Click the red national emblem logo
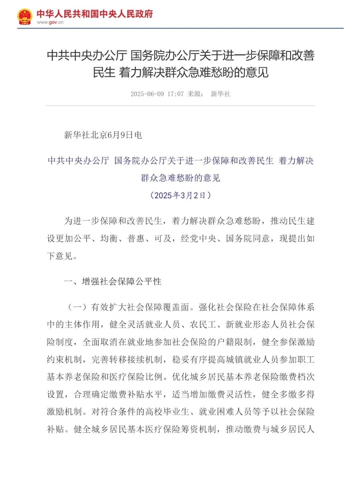[x=25, y=17]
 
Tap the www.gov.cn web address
[x=50, y=22]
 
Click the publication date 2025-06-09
[x=147, y=94]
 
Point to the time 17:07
[x=175, y=94]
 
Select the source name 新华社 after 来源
[x=220, y=94]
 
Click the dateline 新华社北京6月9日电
[x=103, y=135]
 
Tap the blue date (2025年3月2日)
[x=180, y=195]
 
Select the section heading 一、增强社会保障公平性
[x=113, y=282]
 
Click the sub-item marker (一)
[x=77, y=307]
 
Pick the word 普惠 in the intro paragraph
[x=136, y=239]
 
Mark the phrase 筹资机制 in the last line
[x=199, y=429]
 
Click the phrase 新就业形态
[x=248, y=324]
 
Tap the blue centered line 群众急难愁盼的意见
[x=180, y=178]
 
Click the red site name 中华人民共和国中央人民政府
[x=95, y=14]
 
